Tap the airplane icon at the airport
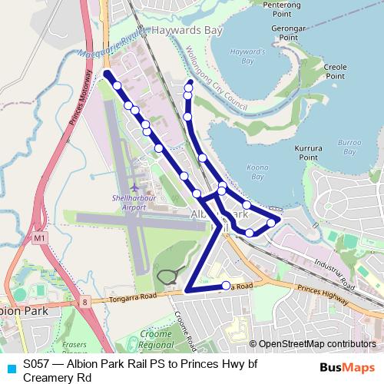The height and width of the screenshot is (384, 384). click(135, 187)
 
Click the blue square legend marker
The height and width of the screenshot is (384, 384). click(11, 367)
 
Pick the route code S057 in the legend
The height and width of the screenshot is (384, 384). click(36, 364)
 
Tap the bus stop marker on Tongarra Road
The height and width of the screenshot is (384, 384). click(226, 286)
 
